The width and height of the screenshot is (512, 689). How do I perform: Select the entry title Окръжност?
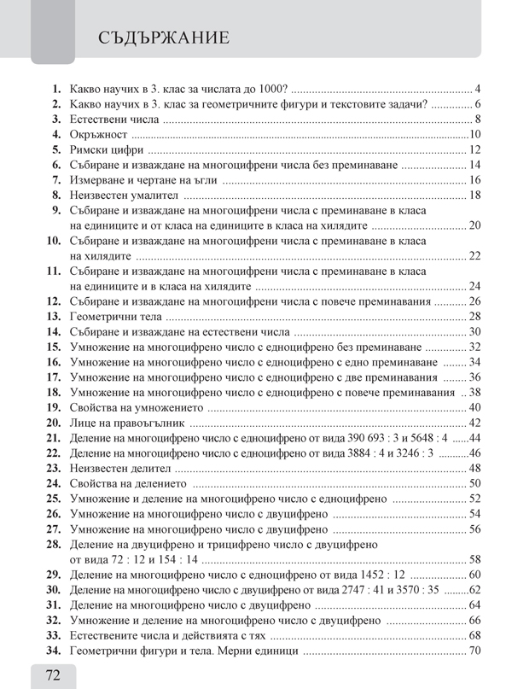pos(98,135)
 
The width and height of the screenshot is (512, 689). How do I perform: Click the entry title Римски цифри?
pos(105,150)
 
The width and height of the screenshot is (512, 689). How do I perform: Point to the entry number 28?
pos(53,544)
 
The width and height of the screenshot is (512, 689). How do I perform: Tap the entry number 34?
pos(53,651)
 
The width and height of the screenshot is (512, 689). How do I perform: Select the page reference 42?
pos(476,423)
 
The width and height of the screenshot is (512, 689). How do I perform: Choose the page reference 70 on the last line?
pos(476,651)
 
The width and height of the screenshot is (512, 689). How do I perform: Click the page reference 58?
pos(476,559)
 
